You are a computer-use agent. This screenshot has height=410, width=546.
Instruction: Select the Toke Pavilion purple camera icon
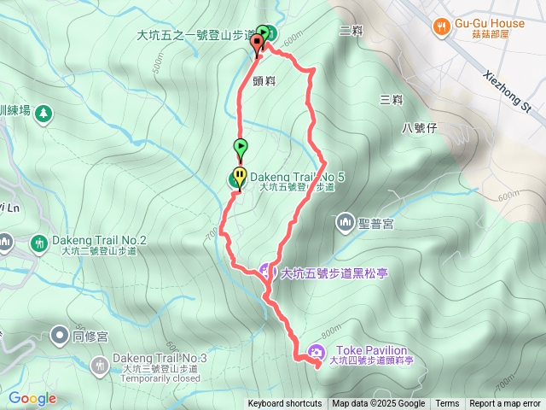pyautogui.click(x=317, y=352)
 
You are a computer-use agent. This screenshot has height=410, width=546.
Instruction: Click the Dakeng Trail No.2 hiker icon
pyautogui.click(x=38, y=243)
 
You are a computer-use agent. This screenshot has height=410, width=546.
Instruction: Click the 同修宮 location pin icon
pyautogui.click(x=59, y=334)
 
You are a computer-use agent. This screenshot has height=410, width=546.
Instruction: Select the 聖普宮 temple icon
pyautogui.click(x=346, y=224)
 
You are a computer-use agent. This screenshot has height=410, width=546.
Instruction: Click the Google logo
pyautogui.click(x=32, y=398)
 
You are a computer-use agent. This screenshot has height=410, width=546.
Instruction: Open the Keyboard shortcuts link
pyautogui.click(x=285, y=404)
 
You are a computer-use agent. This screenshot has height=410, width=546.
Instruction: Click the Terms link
pyautogui.click(x=447, y=404)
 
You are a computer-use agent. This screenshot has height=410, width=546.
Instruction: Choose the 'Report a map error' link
pyautogui.click(x=505, y=404)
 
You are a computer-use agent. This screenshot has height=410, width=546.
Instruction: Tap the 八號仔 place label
pyautogui.click(x=419, y=128)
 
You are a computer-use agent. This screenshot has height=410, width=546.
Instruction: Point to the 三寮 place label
pyautogui.click(x=392, y=99)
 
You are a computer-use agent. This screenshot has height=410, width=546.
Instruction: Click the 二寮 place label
pyautogui.click(x=351, y=31)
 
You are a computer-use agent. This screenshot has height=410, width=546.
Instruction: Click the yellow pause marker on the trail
pyautogui.click(x=241, y=177)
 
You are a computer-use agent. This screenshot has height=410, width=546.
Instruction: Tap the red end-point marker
pyautogui.click(x=257, y=48)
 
